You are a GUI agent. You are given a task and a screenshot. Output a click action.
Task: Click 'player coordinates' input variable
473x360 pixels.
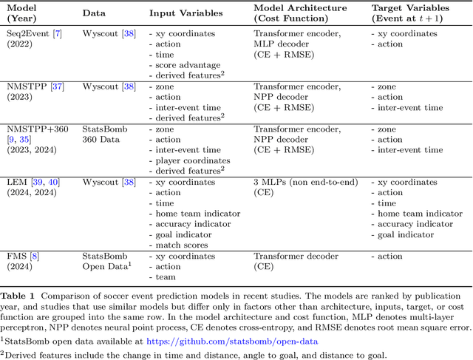(193, 160)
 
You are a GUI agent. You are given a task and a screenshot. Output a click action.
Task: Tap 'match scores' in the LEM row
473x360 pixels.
(184, 245)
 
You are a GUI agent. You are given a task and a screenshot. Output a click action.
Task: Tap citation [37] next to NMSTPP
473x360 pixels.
(57, 87)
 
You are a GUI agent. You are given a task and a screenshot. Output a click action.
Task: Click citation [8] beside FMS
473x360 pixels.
(34, 257)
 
